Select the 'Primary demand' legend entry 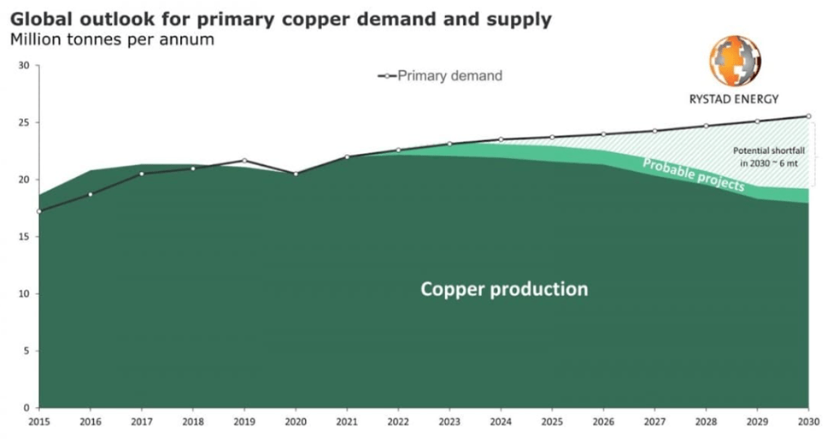[440, 75]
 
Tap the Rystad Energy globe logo [734, 60]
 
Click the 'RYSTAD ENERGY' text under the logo [734, 99]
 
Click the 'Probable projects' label [693, 174]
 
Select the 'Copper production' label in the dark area [504, 289]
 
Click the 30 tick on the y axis [24, 66]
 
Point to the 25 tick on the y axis [24, 123]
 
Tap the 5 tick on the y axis [26, 351]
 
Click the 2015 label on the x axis [39, 421]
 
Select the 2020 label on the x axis [296, 421]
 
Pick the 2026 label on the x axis [603, 421]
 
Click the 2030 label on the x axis [808, 421]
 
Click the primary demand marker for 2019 [244, 160]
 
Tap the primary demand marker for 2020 [296, 174]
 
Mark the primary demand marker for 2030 [808, 116]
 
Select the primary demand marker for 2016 [91, 194]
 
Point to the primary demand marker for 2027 [654, 131]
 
